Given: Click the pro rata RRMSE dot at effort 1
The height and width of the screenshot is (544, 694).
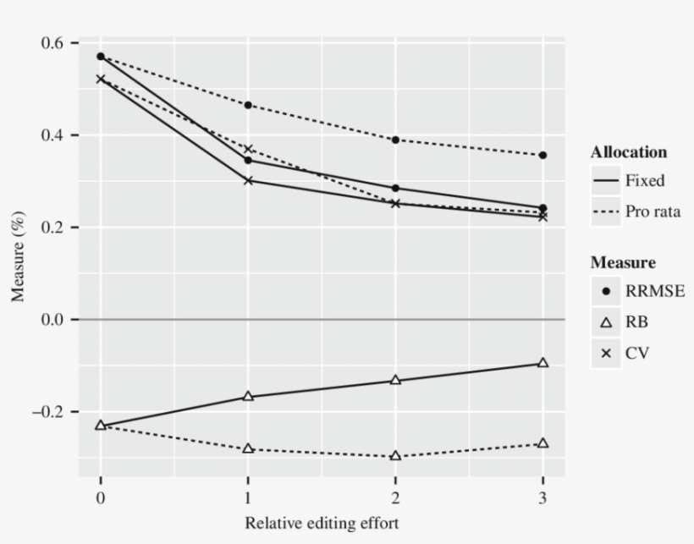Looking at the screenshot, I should [x=248, y=105].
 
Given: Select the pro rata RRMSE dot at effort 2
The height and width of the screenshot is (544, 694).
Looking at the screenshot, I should [x=395, y=140].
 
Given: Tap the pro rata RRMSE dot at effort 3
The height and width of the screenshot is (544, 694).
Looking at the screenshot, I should [x=543, y=155].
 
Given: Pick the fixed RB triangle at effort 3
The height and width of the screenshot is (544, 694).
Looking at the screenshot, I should [x=543, y=363].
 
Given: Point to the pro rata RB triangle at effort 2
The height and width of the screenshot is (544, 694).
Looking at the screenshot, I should [x=395, y=456].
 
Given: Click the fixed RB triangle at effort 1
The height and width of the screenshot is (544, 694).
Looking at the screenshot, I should [x=248, y=396].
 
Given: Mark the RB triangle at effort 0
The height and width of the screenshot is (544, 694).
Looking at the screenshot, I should [x=101, y=425].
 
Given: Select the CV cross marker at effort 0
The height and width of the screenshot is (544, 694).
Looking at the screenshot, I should [x=101, y=79].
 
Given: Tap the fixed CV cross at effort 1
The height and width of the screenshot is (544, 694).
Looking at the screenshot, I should [x=248, y=180].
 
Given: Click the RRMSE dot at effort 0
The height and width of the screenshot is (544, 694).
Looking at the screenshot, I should [x=101, y=57].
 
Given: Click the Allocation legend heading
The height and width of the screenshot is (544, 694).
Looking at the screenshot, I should [x=629, y=152].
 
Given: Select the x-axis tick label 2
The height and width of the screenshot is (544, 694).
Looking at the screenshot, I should [x=395, y=497].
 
